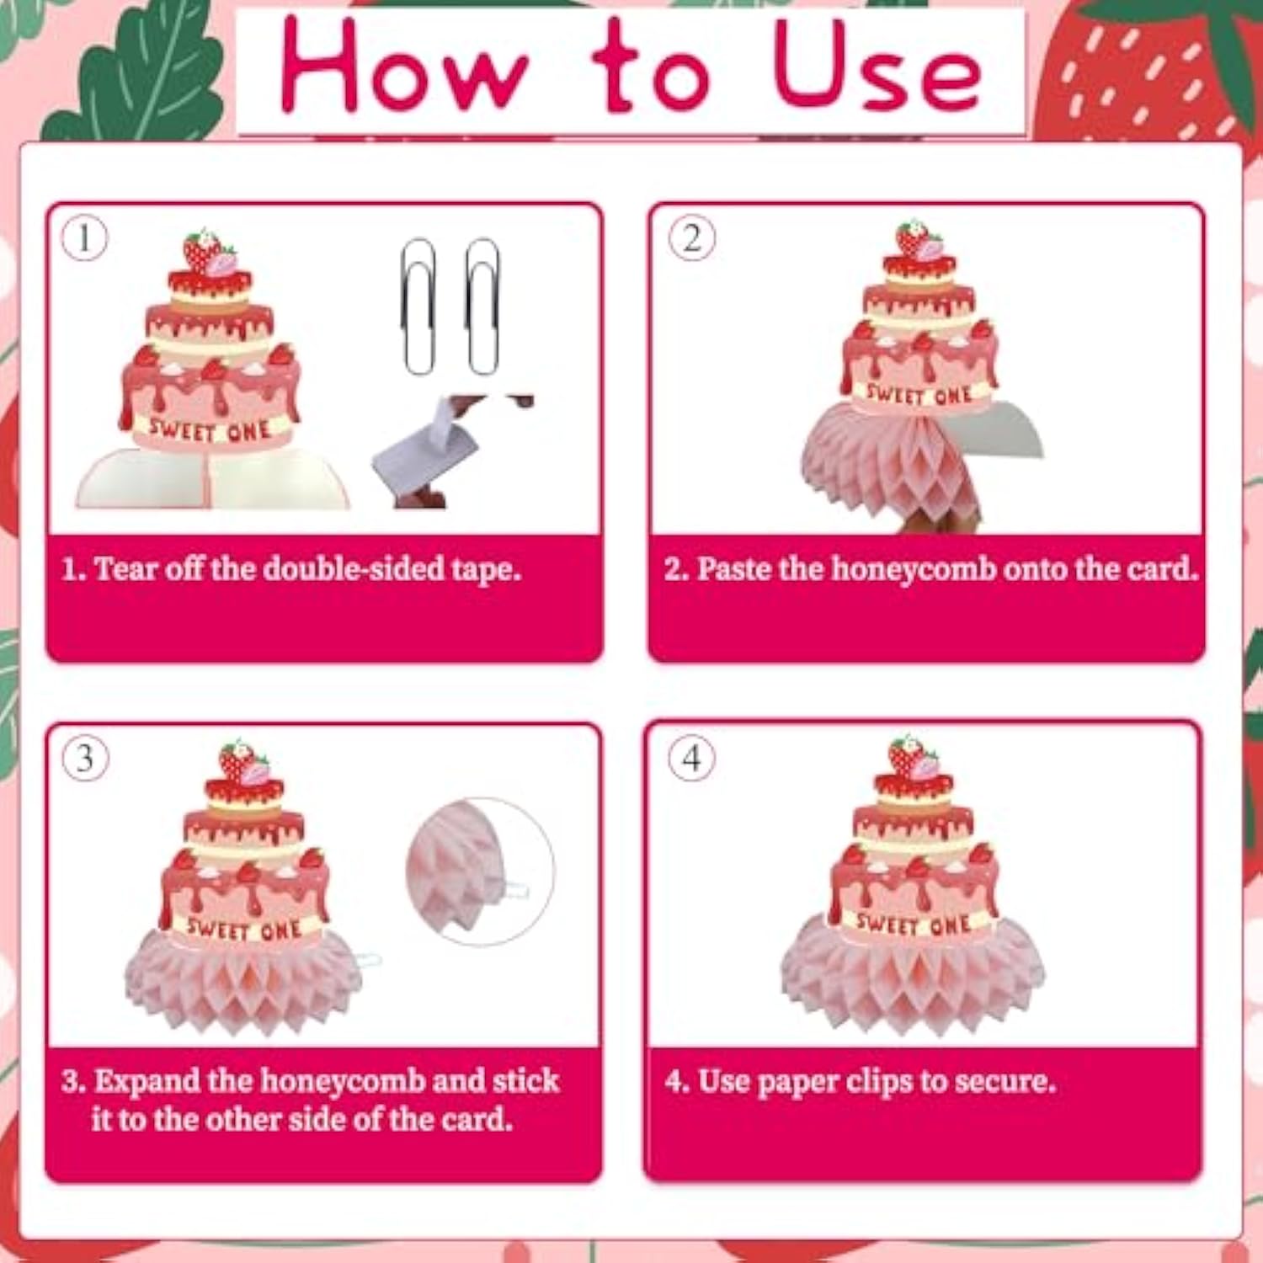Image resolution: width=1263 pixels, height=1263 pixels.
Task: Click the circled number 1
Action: pos(85,238)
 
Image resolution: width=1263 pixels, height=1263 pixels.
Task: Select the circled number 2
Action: pos(691,238)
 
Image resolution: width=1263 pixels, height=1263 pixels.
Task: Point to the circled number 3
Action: pos(85,759)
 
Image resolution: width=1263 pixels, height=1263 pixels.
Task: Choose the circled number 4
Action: pos(691,758)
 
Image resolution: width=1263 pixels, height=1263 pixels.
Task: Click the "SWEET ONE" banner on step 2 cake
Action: pos(919,394)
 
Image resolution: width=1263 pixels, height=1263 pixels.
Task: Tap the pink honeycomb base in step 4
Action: pos(914,977)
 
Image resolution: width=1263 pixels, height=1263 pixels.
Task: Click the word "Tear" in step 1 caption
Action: pos(126,569)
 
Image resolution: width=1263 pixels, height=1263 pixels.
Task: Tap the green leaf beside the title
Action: pos(152,76)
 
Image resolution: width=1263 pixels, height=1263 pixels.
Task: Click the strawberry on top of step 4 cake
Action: pos(909,758)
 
